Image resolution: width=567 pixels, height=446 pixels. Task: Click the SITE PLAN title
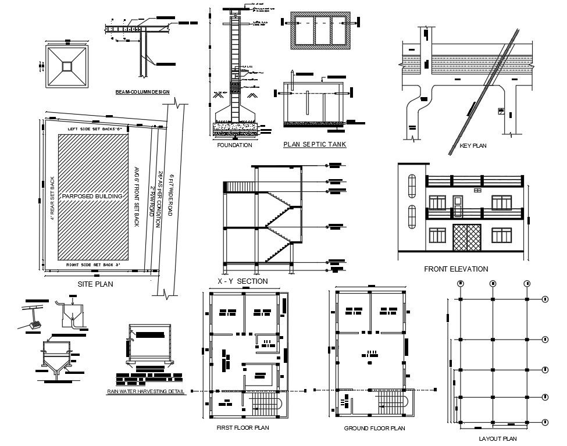tap(95, 284)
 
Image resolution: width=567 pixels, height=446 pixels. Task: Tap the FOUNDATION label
tap(234, 145)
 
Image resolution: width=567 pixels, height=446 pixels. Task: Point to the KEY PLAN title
tap(473, 146)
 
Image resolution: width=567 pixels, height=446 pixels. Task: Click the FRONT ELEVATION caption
tap(456, 269)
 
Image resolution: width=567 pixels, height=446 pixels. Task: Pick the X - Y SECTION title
tap(243, 281)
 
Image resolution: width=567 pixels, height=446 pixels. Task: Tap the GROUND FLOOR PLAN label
tap(374, 429)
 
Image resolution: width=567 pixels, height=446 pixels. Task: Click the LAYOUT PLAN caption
tap(497, 439)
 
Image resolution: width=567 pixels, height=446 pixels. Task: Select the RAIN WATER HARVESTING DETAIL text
tap(146, 392)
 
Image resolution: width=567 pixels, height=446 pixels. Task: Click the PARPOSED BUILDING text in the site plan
tap(93, 196)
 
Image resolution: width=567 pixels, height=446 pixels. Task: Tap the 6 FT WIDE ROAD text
tap(171, 195)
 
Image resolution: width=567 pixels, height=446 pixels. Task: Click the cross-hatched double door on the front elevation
tap(467, 237)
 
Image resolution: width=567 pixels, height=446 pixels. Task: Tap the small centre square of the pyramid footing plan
tap(68, 65)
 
